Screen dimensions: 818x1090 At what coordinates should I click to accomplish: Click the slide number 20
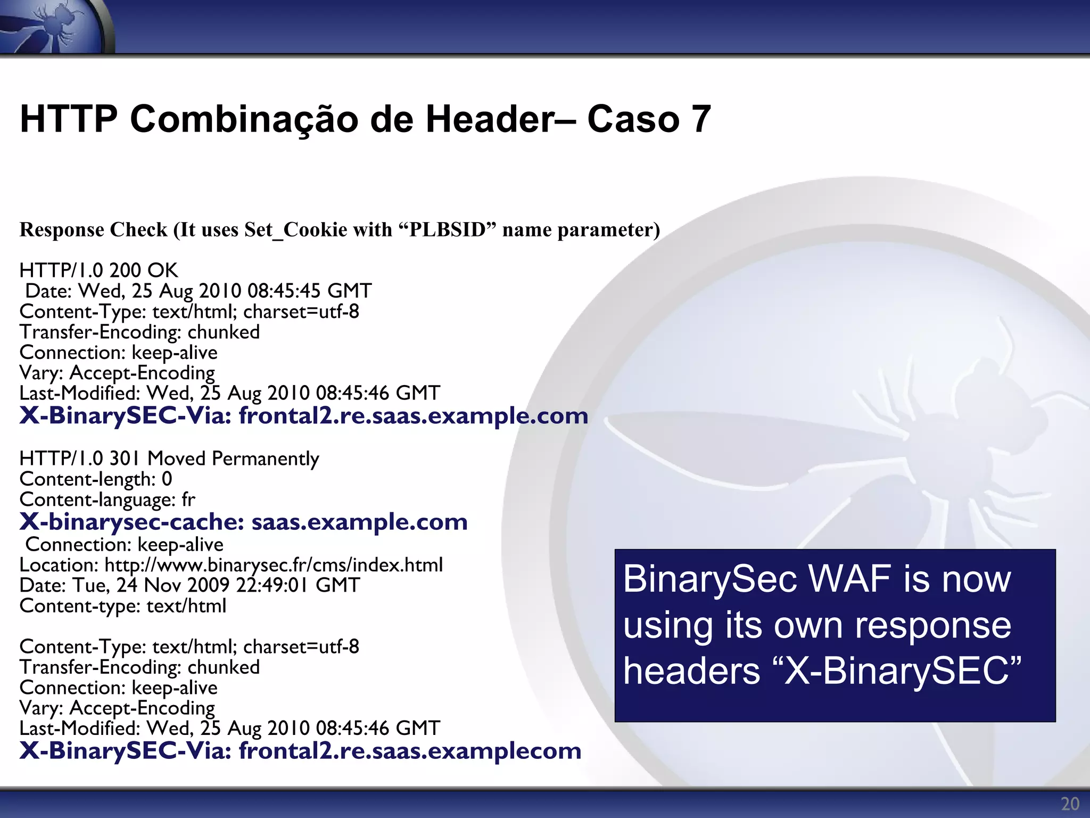tap(1070, 804)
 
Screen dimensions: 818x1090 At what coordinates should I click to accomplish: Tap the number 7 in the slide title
tap(700, 119)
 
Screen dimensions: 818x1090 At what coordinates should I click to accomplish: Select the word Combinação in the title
tap(244, 119)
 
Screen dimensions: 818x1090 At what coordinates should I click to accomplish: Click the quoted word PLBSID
tap(448, 230)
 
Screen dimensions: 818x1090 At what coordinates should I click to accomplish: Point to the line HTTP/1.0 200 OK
tap(99, 271)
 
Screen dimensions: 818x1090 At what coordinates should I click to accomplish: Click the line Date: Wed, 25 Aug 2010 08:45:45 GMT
tap(198, 291)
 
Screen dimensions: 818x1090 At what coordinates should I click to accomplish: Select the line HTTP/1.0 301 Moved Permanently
tap(169, 459)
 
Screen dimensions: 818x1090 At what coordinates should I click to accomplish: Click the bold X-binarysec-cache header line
tap(243, 522)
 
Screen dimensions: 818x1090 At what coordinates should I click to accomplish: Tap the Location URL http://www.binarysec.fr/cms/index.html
tap(274, 565)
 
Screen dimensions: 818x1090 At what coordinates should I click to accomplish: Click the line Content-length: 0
tap(96, 479)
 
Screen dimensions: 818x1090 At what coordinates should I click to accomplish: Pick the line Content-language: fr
tap(107, 500)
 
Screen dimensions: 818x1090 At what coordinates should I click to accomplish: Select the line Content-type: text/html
tap(122, 606)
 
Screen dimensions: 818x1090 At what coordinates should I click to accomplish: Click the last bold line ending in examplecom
tap(300, 750)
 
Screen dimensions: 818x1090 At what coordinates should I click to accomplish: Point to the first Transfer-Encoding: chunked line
tap(139, 332)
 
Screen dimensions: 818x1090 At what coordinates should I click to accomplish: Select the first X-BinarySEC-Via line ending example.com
tap(303, 415)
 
